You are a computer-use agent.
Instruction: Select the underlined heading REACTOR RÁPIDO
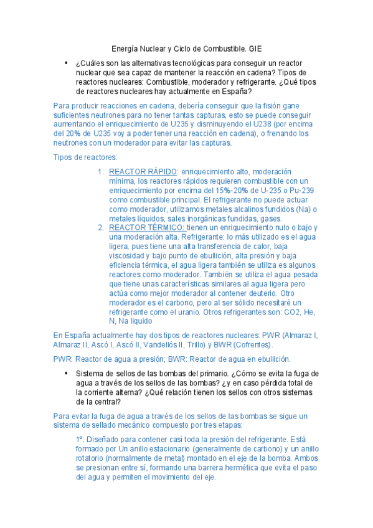[143, 171]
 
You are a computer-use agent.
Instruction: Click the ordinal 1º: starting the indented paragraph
[80, 439]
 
